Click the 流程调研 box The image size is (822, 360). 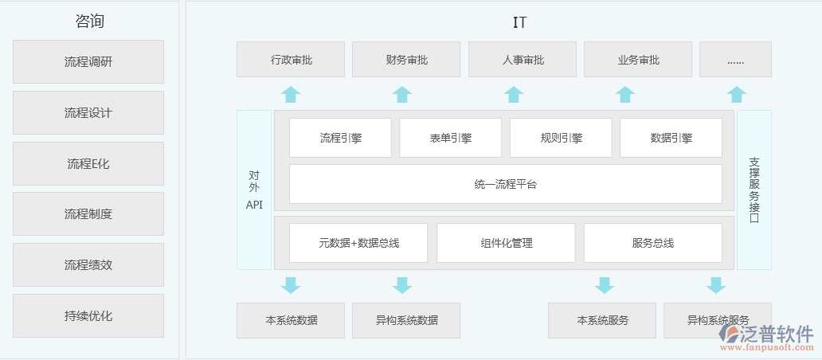tap(88, 61)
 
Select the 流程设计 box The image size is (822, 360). tap(88, 112)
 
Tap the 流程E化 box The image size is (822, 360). tap(88, 163)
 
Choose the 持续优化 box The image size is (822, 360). tap(88, 315)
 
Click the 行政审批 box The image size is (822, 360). tap(291, 59)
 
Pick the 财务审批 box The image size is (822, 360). tap(406, 59)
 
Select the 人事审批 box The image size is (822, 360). tap(523, 59)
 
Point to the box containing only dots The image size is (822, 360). tap(735, 59)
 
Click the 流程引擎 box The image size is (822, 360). tap(340, 138)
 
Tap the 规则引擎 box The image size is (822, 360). tap(561, 138)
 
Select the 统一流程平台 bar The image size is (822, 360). tap(505, 184)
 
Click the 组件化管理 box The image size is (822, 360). tap(506, 243)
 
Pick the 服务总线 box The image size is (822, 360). tap(652, 243)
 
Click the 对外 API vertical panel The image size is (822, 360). tap(254, 190)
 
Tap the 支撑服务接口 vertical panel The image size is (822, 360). tap(753, 190)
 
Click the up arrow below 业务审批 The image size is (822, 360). tap(625, 94)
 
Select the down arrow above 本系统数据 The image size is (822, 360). tap(291, 285)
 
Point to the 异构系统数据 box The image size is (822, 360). tap(406, 320)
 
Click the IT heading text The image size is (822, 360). tap(519, 22)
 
